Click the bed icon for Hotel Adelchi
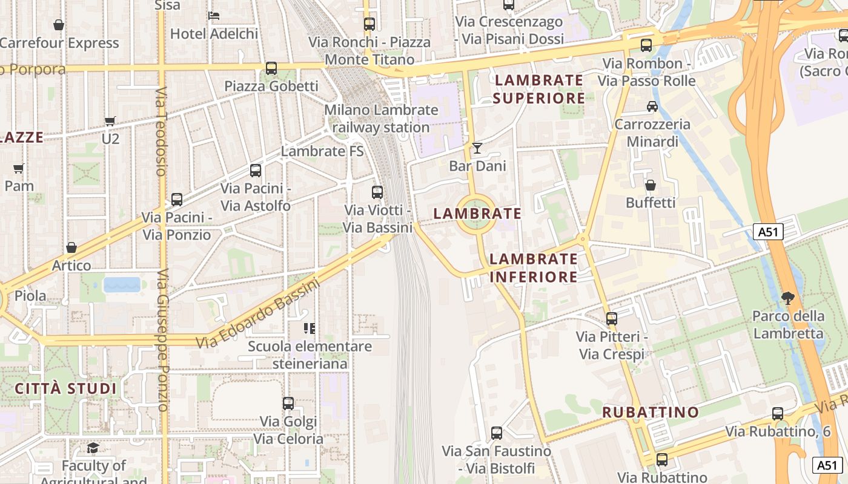(x=214, y=16)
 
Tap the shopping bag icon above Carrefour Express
(x=59, y=25)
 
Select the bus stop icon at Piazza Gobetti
(x=271, y=68)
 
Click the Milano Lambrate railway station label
(x=381, y=119)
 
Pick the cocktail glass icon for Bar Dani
(x=477, y=148)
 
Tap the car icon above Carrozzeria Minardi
(x=652, y=106)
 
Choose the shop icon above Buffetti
(x=651, y=185)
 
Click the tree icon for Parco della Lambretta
(x=787, y=298)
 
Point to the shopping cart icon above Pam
(x=19, y=168)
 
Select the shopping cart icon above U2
(x=110, y=122)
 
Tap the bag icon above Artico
(x=71, y=247)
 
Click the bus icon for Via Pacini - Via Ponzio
(x=177, y=199)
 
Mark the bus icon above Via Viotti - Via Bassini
(x=377, y=192)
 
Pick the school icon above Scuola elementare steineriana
(x=310, y=329)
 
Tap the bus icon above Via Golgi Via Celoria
(x=288, y=403)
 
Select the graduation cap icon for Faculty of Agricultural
(x=93, y=448)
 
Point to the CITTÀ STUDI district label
(x=65, y=388)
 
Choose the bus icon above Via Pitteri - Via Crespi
(x=612, y=318)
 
